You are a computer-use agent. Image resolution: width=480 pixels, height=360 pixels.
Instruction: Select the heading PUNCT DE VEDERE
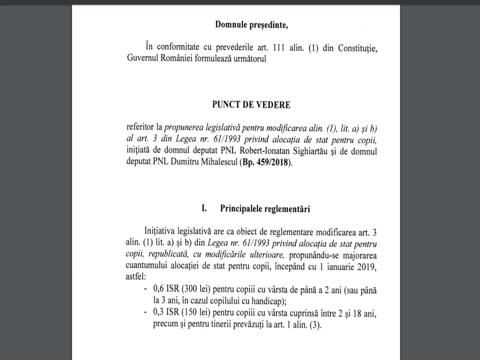pyautogui.click(x=251, y=105)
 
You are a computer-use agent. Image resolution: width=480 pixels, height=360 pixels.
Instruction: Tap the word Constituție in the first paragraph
pyautogui.click(x=358, y=49)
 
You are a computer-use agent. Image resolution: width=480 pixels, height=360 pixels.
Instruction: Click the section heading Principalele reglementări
pyautogui.click(x=265, y=208)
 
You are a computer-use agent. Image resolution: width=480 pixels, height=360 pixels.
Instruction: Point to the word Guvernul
pyautogui.click(x=141, y=58)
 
